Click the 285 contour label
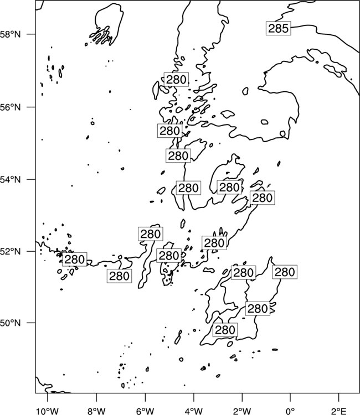click(279, 28)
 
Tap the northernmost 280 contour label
click(177, 79)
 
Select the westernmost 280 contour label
click(74, 259)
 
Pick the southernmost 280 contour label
click(225, 330)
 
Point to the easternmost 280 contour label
click(285, 272)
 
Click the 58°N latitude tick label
click(11, 34)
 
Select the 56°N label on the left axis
click(11, 107)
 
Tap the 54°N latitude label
click(11, 179)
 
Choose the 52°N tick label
click(11, 251)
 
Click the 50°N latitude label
click(11, 323)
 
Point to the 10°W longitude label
click(48, 411)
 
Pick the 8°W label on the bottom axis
click(96, 411)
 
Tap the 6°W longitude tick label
click(145, 411)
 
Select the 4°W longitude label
click(194, 411)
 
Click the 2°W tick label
click(242, 411)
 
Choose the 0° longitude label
click(290, 411)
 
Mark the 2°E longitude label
click(339, 411)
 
